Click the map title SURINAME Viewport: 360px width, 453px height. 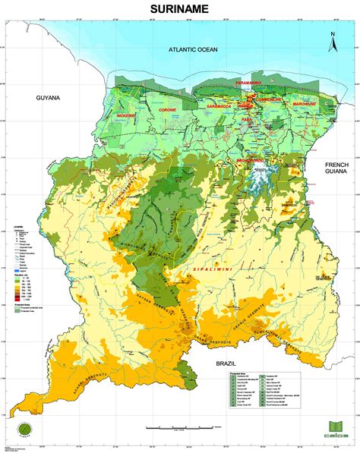(179, 11)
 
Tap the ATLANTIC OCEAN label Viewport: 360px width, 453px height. (192, 50)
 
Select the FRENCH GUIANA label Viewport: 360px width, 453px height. (334, 168)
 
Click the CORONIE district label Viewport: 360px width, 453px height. (165, 116)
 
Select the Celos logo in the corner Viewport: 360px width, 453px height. (335, 431)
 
